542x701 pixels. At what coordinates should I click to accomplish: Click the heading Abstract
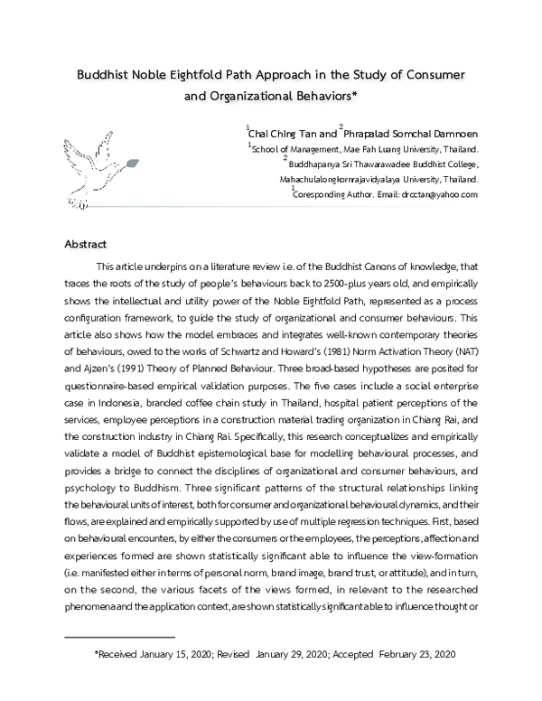pyautogui.click(x=86, y=245)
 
